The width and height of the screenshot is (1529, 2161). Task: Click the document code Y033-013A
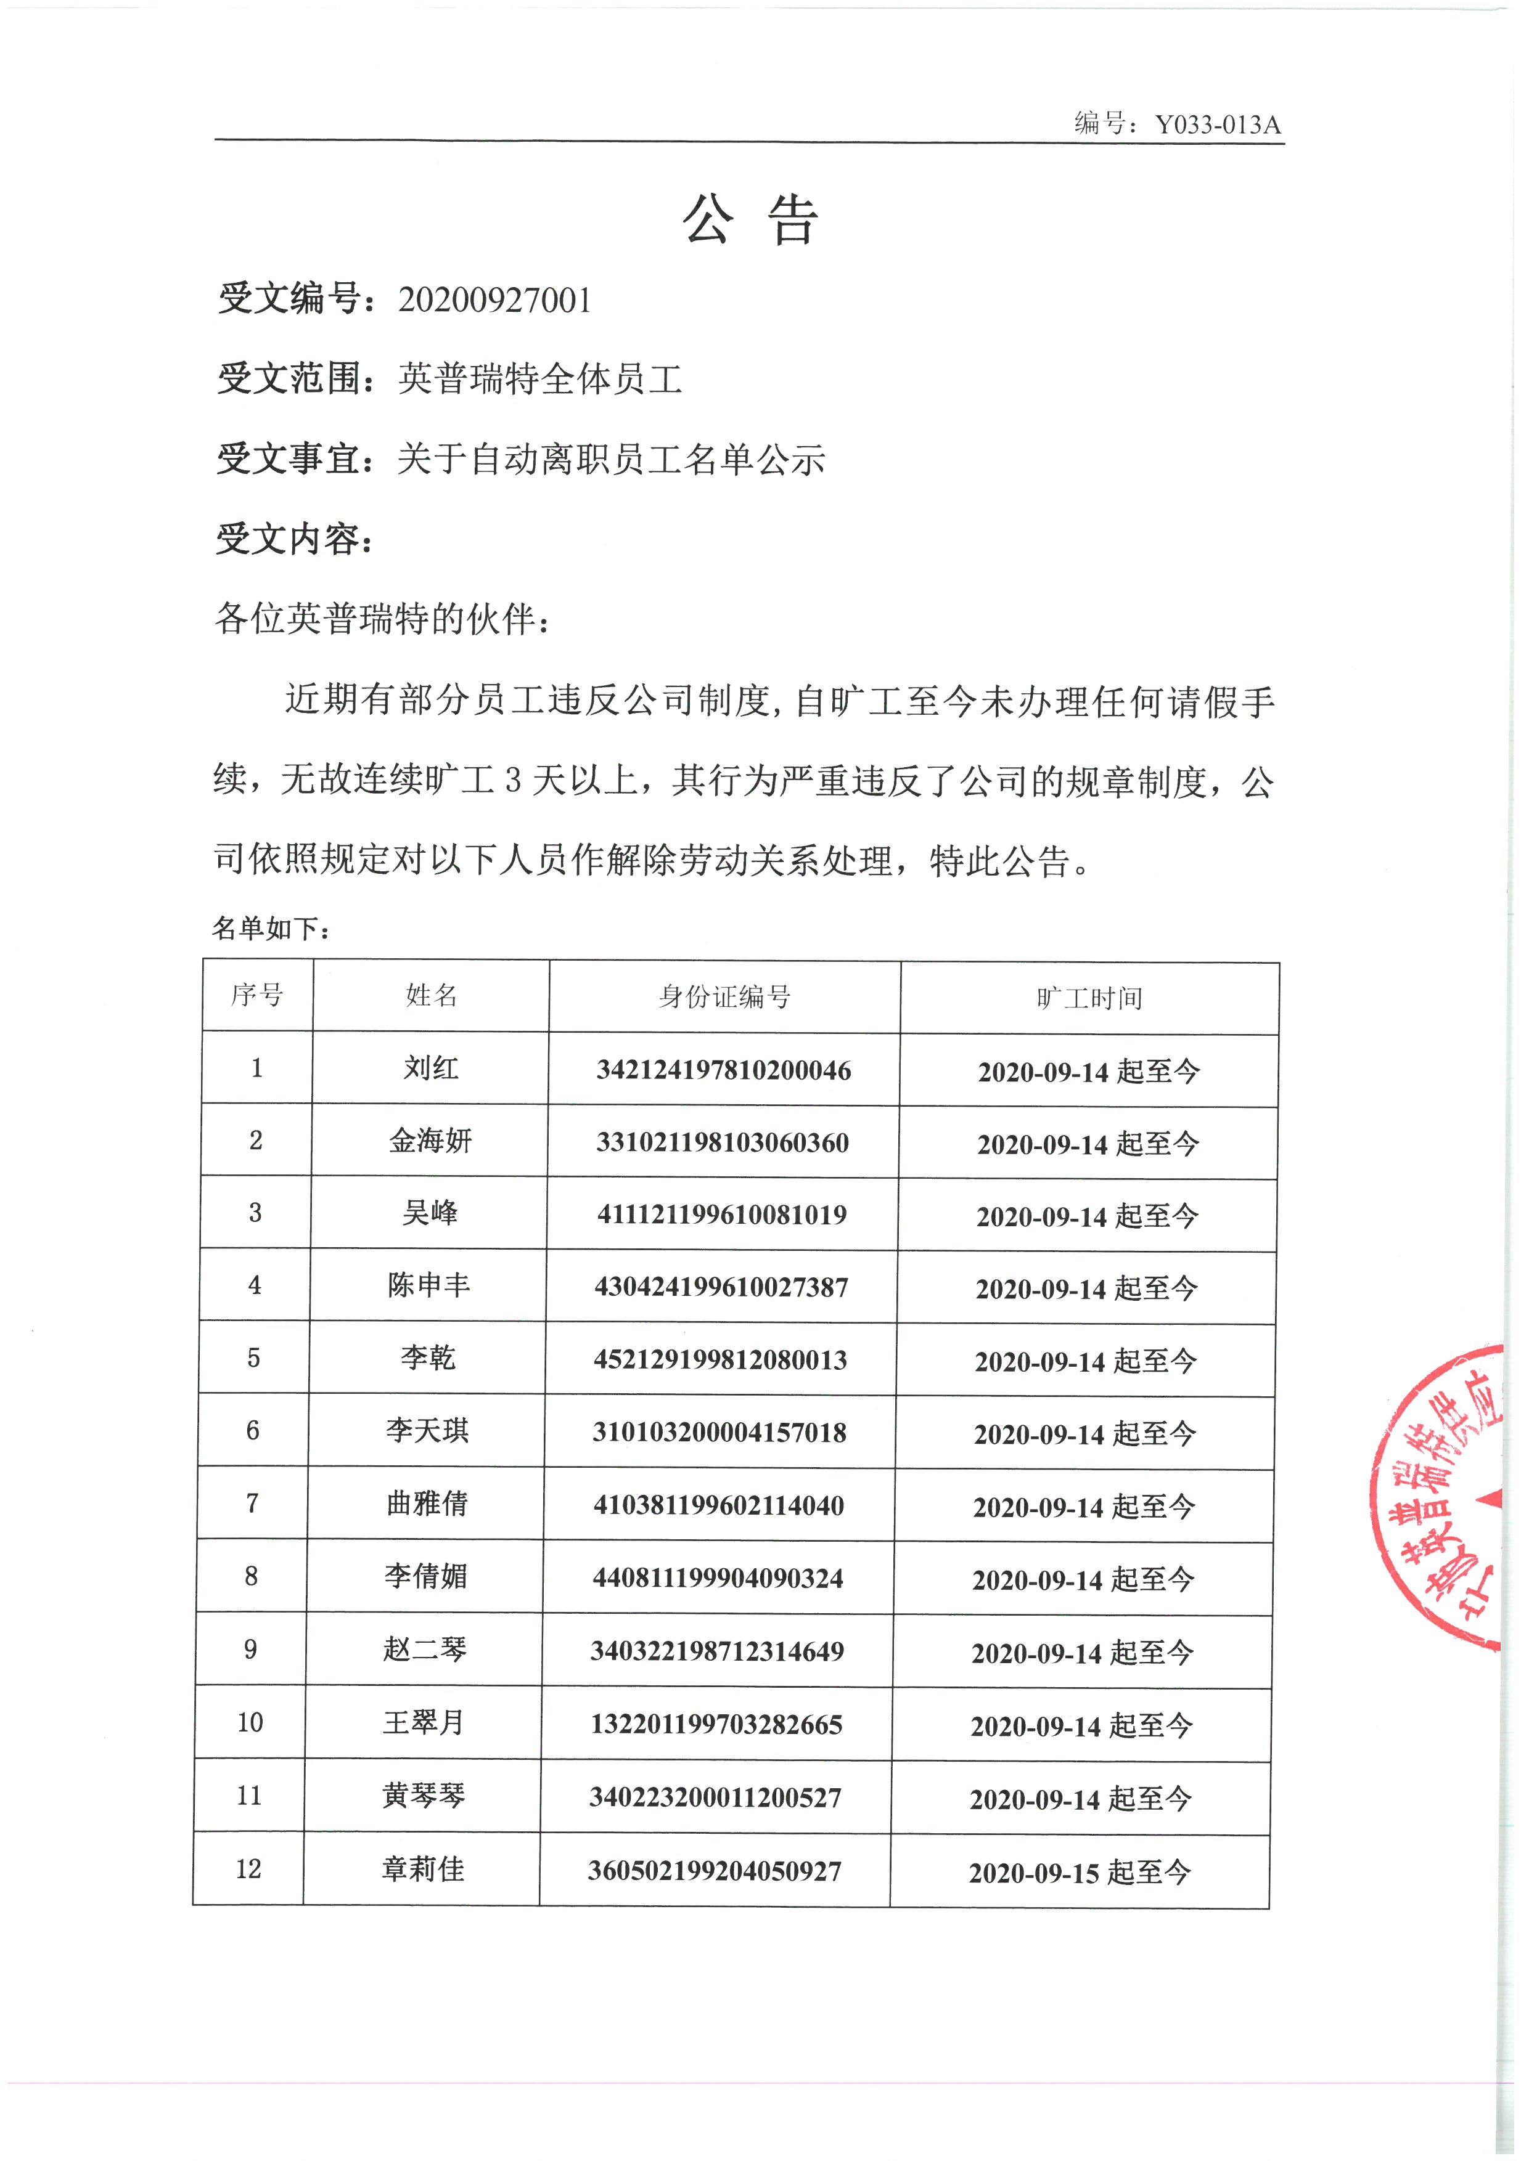1218,124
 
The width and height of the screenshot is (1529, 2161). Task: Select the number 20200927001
494,300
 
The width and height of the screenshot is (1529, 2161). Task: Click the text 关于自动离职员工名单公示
611,459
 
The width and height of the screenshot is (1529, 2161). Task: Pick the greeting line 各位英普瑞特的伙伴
381,619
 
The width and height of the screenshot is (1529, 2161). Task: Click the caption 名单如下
270,929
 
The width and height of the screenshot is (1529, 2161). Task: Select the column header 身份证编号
724,997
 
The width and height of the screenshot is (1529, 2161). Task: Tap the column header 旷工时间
1089,999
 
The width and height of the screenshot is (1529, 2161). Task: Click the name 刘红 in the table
431,1068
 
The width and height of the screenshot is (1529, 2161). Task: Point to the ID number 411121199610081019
721,1214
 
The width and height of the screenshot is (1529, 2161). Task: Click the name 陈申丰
428,1285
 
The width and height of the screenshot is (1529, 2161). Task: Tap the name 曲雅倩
427,1503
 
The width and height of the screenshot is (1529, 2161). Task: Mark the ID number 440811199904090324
718,1577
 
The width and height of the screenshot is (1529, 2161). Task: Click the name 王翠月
424,1722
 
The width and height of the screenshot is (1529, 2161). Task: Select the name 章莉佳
423,1869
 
